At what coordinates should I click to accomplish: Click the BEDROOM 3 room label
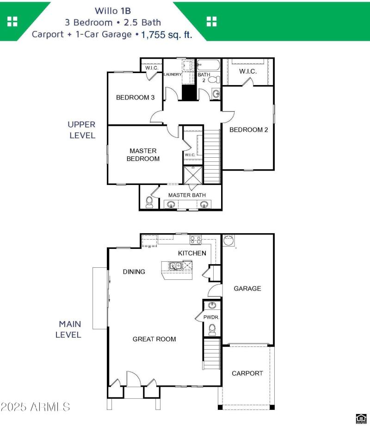click(135, 98)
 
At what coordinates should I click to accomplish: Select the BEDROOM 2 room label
click(248, 130)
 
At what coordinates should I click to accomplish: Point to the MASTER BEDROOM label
click(144, 155)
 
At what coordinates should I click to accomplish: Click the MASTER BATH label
click(187, 195)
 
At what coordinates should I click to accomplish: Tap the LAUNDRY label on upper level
click(173, 74)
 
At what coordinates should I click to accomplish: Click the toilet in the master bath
click(149, 202)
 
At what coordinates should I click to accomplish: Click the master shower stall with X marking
click(193, 174)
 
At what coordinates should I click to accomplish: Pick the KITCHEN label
click(192, 253)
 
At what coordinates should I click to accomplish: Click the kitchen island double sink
click(175, 266)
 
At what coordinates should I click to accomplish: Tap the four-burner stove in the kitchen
click(196, 240)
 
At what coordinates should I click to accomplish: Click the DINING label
click(134, 272)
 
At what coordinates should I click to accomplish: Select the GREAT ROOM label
click(154, 339)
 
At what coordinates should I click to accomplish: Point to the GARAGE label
click(247, 289)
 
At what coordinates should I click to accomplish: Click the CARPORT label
click(247, 373)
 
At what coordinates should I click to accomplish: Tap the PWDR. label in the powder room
click(211, 318)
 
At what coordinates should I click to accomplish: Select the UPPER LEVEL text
click(82, 130)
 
